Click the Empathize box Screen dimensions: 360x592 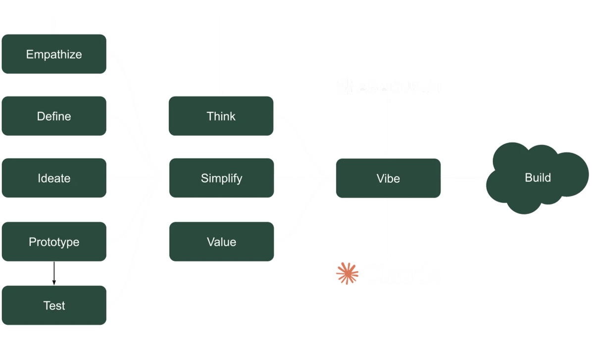[54, 54]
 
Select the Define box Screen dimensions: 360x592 [54, 116]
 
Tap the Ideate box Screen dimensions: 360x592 [54, 178]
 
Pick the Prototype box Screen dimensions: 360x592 [54, 242]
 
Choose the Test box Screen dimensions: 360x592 [54, 306]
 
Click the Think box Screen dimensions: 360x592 [221, 116]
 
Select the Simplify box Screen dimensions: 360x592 [221, 178]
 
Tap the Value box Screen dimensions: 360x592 [221, 242]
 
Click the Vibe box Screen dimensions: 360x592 [388, 178]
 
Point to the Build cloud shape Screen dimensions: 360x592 [538, 177]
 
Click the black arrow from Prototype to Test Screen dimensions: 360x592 [54, 273]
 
